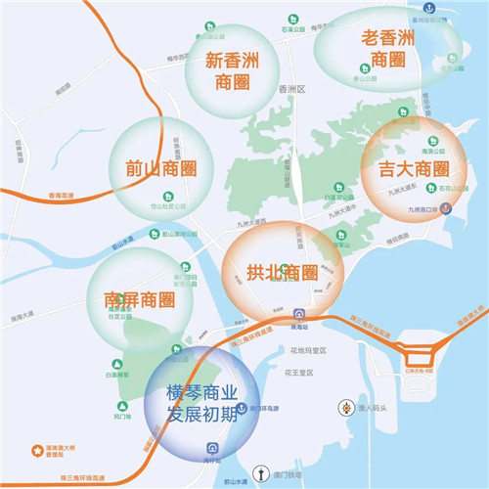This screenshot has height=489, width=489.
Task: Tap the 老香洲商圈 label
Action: tap(386, 50)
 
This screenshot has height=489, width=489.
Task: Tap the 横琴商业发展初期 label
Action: tap(200, 402)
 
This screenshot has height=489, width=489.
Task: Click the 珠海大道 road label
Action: tap(22, 313)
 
